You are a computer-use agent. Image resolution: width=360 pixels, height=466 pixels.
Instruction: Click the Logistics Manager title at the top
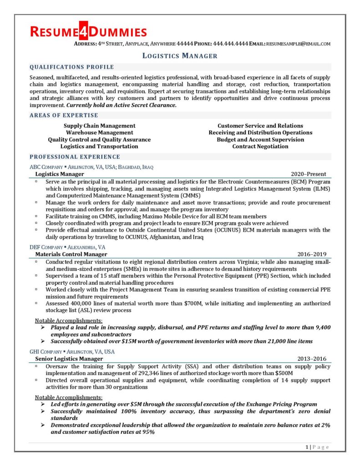click(180, 56)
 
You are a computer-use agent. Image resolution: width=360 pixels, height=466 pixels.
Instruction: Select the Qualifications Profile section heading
click(71, 67)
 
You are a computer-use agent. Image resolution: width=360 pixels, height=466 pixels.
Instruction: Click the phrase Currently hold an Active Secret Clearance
click(121, 105)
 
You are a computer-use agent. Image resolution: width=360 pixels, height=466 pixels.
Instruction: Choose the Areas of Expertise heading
click(64, 115)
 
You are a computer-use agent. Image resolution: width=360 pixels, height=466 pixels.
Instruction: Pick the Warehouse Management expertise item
click(99, 132)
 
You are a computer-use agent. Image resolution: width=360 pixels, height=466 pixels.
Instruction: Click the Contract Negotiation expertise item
click(260, 146)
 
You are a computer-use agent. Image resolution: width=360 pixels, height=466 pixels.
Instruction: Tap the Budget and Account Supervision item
click(260, 139)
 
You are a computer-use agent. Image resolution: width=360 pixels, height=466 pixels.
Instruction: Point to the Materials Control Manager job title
click(71, 254)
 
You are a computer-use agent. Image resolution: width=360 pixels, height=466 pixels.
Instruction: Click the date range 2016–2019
click(312, 254)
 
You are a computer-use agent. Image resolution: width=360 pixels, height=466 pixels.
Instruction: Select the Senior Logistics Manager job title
click(69, 359)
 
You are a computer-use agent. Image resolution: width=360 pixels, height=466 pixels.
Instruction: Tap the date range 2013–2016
click(312, 359)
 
